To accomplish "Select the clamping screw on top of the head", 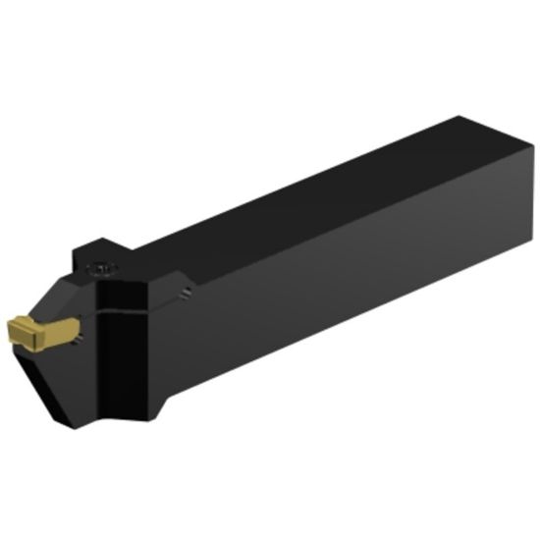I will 100,266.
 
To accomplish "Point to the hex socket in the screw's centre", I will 100,266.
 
